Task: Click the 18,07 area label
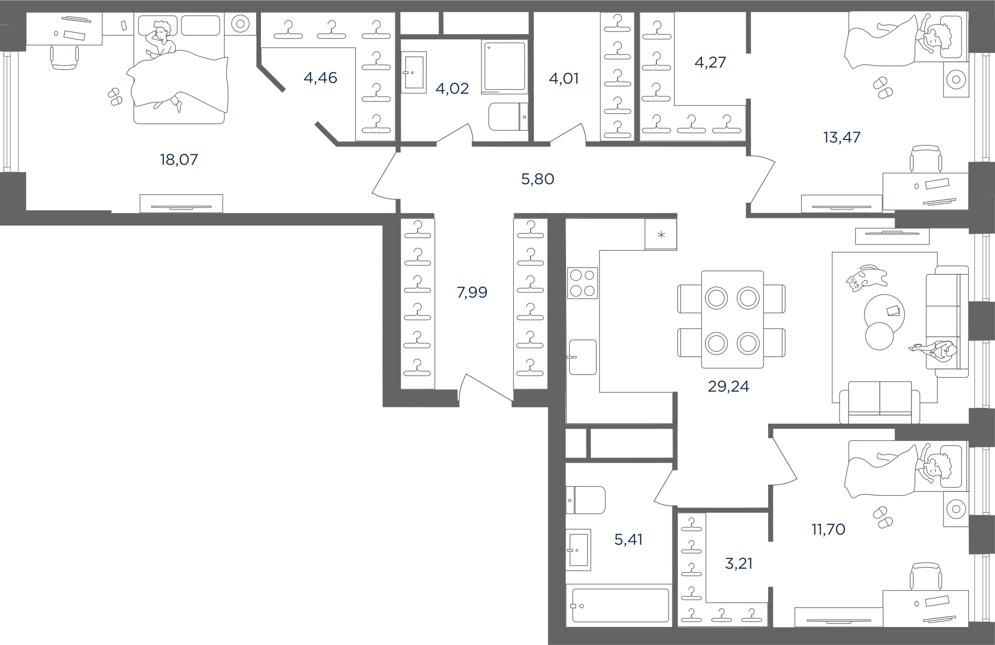[179, 159]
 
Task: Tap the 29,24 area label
[728, 386]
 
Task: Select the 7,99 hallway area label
[472, 292]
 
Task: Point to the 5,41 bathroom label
[629, 539]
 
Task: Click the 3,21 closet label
[738, 563]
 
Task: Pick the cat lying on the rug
[866, 279]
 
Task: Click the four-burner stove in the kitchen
[583, 283]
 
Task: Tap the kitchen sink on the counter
[583, 357]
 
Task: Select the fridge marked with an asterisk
[661, 234]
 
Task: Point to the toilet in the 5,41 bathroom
[586, 500]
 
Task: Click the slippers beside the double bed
[115, 96]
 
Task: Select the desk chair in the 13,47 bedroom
[926, 159]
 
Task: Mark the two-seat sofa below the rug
[880, 402]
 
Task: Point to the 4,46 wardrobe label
[320, 78]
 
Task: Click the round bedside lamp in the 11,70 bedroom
[956, 509]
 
